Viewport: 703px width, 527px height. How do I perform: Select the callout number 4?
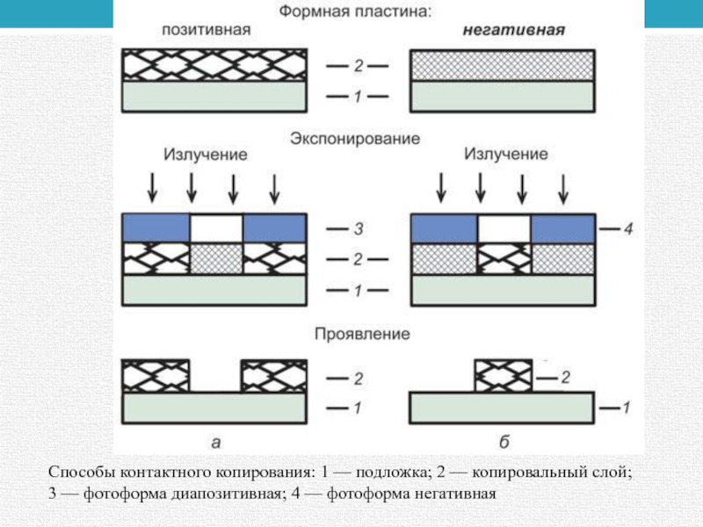tap(627, 230)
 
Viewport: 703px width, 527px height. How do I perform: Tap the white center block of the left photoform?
tap(216, 227)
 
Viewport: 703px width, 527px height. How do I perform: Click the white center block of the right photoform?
tap(504, 227)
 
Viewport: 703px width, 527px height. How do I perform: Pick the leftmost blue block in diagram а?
tap(156, 227)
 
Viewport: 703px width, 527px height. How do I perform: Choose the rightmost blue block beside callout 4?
tap(562, 227)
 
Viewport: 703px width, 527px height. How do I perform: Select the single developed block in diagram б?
tap(503, 376)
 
